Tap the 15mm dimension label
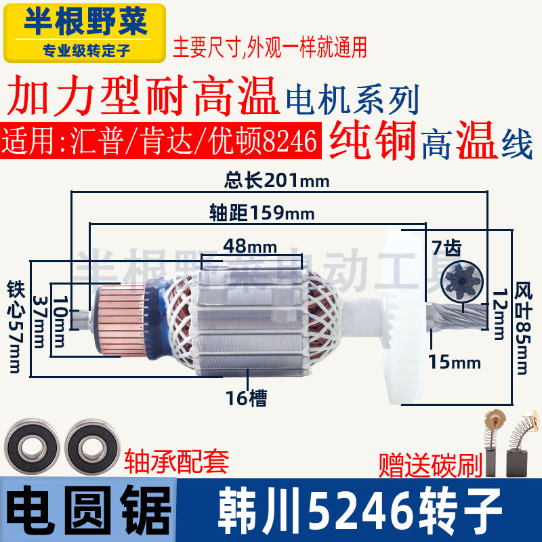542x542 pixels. (x=455, y=362)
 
